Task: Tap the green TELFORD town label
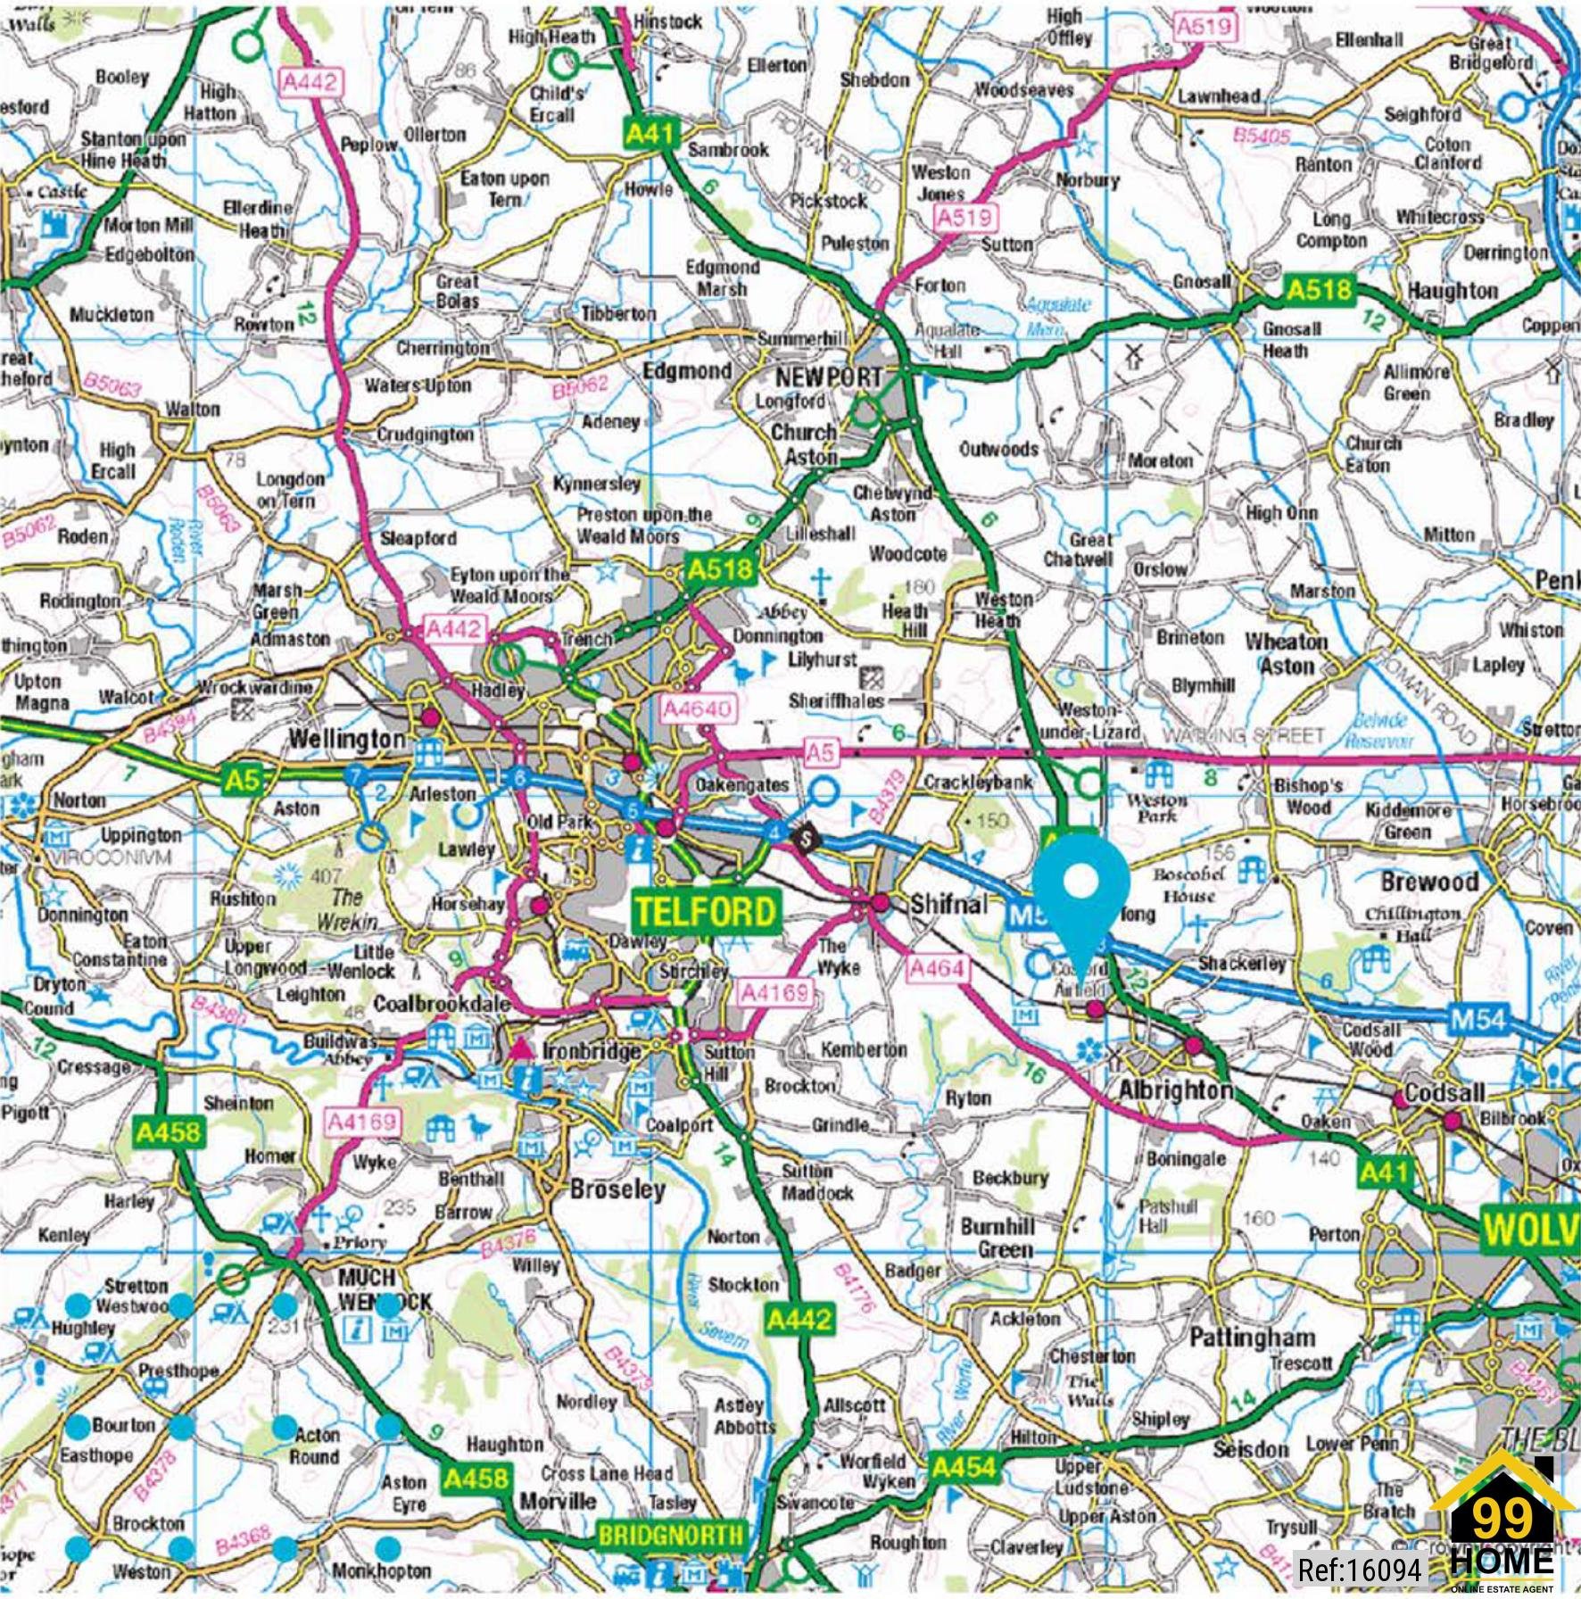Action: point(704,911)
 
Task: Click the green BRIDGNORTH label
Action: point(670,1535)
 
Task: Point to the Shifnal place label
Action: point(948,904)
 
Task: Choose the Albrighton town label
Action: point(1175,1090)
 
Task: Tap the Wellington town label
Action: point(347,740)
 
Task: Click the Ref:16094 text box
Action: point(1359,1569)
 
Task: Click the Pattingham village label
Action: point(1251,1338)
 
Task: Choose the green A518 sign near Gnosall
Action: point(1319,289)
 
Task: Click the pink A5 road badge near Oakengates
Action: point(820,752)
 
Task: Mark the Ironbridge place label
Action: point(591,1051)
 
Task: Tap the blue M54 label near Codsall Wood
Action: point(1478,1018)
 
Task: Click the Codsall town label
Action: point(1444,1092)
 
